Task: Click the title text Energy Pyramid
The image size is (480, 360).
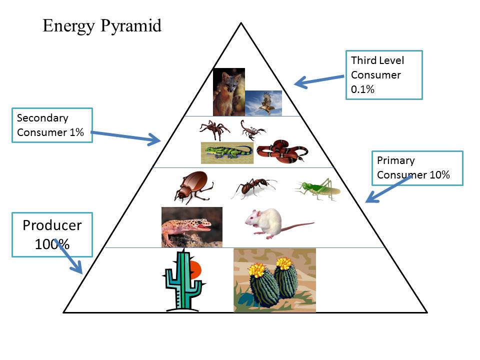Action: click(102, 25)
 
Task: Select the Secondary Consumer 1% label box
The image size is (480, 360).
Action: click(52, 125)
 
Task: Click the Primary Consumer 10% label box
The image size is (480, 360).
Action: click(417, 168)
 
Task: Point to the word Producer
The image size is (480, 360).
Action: click(52, 225)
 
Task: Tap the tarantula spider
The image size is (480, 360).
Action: click(214, 129)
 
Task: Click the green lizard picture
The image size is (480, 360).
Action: click(227, 152)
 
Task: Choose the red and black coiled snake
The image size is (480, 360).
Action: click(282, 151)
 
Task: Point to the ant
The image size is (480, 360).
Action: click(253, 188)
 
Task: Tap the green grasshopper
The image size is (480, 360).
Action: click(318, 189)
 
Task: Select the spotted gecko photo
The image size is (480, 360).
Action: click(191, 226)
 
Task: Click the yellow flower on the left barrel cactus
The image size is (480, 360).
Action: click(257, 270)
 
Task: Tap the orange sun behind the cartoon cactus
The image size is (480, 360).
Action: click(196, 270)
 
